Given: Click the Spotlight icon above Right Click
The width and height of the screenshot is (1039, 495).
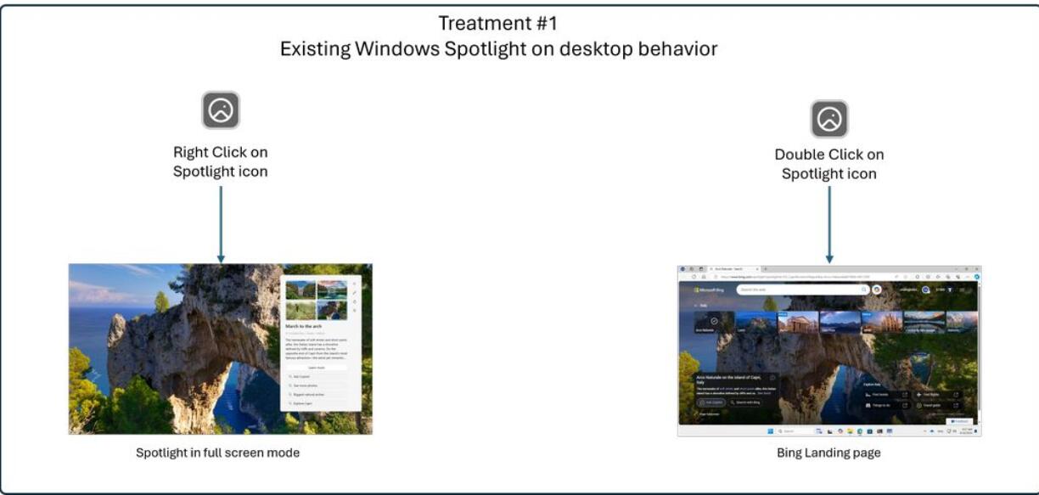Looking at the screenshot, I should click(221, 110).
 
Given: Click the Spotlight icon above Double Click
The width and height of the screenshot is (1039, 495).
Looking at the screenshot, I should click(829, 119).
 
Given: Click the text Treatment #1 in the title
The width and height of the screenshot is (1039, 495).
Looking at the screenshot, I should click(498, 23).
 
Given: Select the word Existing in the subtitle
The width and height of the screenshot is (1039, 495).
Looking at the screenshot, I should click(315, 49).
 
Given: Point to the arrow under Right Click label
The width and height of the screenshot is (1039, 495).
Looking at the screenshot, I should click(221, 224).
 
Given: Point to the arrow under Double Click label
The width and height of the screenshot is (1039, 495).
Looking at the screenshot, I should click(829, 224).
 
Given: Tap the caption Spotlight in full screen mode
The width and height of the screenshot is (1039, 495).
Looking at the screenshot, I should click(218, 453).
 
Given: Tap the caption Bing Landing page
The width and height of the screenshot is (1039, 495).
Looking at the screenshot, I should click(828, 453).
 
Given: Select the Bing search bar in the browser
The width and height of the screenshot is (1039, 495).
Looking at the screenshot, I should click(801, 290).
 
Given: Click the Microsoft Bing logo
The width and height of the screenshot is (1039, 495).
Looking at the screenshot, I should click(710, 290).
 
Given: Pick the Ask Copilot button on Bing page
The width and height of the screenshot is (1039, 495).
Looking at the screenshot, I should click(711, 402).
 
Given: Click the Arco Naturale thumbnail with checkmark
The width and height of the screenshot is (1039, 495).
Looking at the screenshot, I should click(713, 322).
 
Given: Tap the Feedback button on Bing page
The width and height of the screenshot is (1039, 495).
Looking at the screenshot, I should click(959, 420).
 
